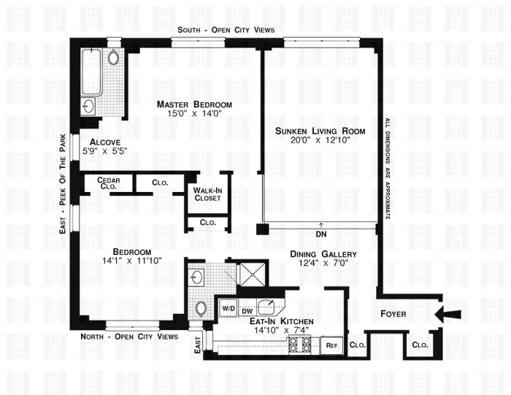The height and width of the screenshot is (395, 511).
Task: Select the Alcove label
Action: click(x=99, y=142)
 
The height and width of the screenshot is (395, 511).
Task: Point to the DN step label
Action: click(x=320, y=234)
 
